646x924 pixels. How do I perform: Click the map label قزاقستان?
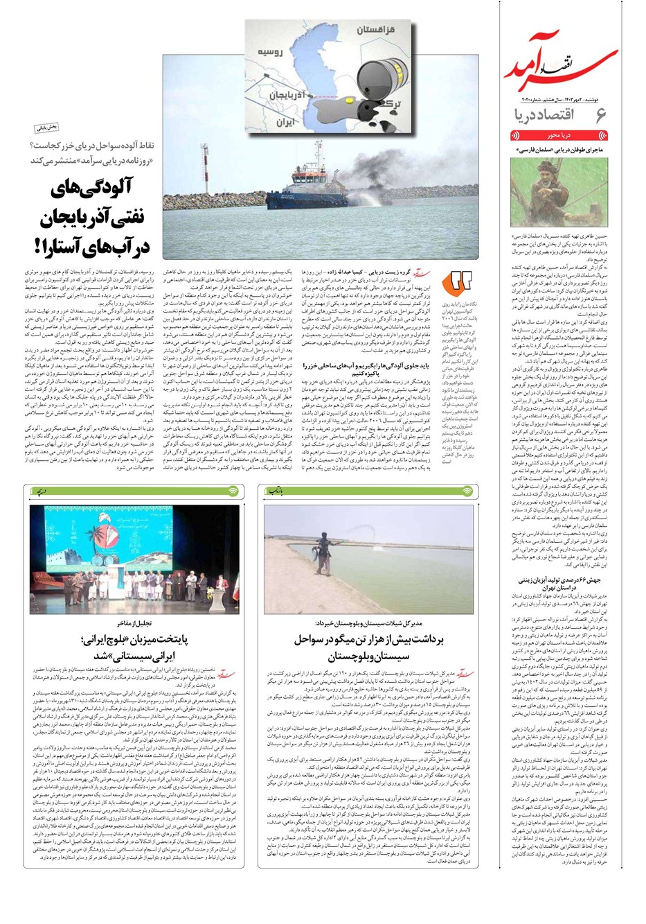point(376,30)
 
